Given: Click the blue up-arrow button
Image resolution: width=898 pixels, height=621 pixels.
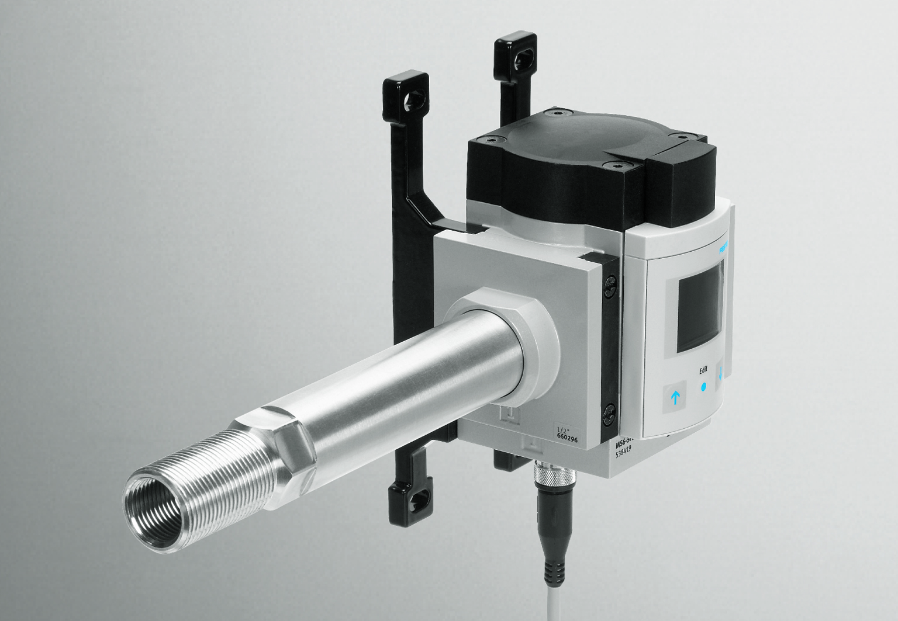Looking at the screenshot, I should tap(676, 398).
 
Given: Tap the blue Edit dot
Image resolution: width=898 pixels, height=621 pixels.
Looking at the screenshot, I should tap(703, 387).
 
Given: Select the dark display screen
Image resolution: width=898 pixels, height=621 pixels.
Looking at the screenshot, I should tap(700, 313).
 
